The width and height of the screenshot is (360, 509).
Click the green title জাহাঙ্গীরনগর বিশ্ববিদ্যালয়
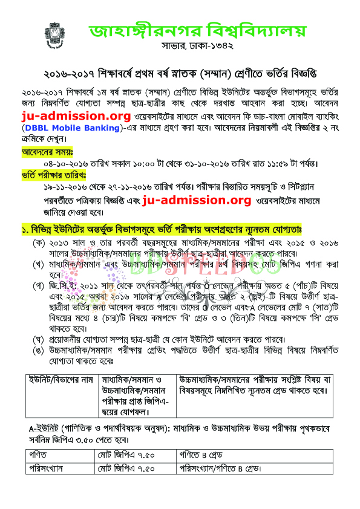click(x=197, y=31)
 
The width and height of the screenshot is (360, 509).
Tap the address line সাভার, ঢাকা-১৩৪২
click(x=198, y=47)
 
